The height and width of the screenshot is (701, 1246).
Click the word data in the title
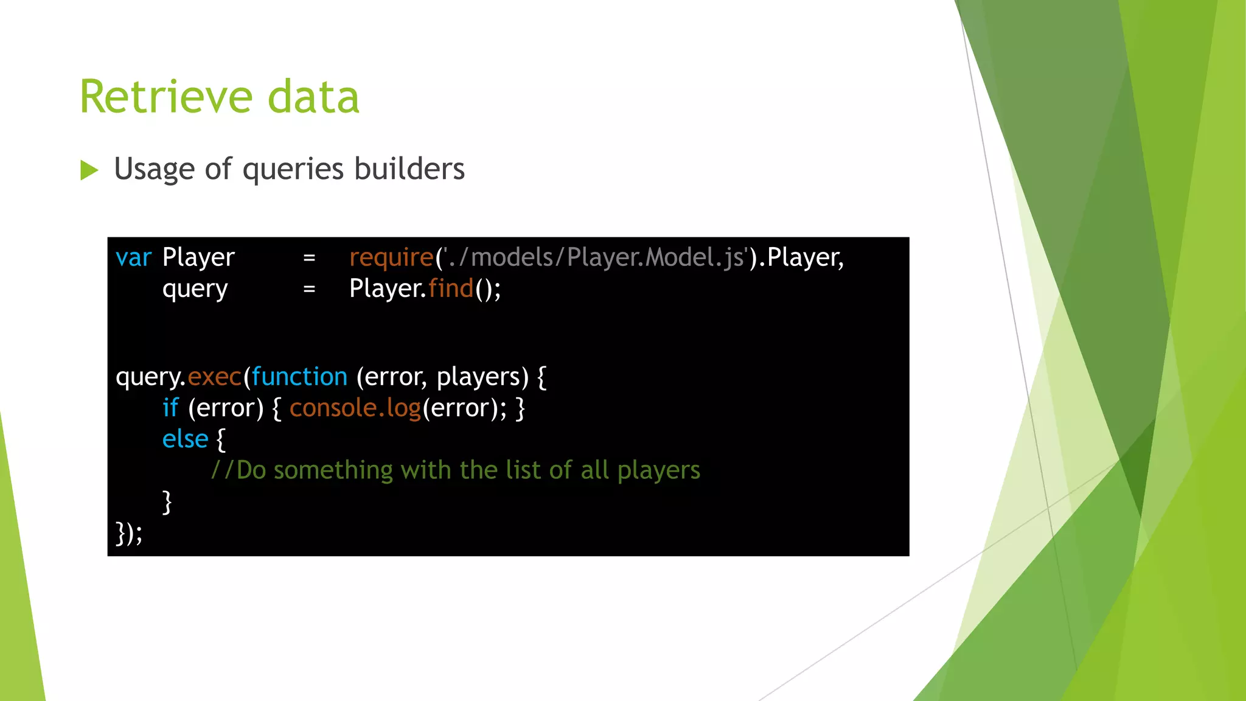tap(313, 97)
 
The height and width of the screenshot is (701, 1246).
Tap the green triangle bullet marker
tap(89, 170)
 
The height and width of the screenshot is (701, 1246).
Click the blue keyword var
tap(133, 258)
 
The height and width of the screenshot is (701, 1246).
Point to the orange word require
tap(391, 258)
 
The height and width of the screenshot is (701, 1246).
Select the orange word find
tap(451, 288)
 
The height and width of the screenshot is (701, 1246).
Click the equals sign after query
tap(309, 289)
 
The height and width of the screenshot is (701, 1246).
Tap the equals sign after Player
tap(309, 258)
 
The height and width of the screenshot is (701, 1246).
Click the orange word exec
tap(214, 377)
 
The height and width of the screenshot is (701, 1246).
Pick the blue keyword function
tap(299, 377)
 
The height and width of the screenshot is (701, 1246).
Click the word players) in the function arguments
tap(482, 377)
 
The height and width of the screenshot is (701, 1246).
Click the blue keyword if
tap(170, 408)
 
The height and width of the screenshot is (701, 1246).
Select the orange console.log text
tap(355, 408)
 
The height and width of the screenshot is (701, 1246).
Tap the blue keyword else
tap(185, 439)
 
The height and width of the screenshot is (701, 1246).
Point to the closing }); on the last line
tap(129, 534)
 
